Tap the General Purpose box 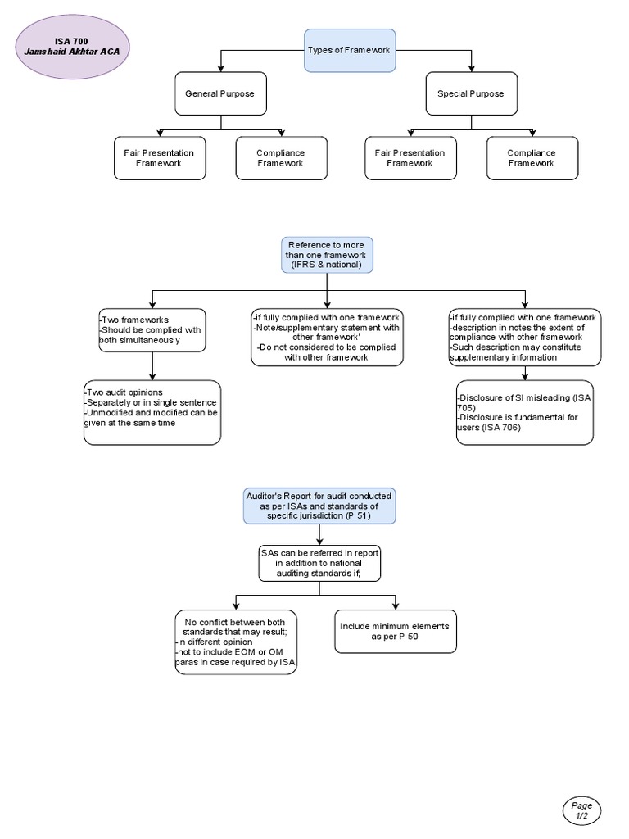coord(219,93)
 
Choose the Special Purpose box coord(470,93)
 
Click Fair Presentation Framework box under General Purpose coord(159,158)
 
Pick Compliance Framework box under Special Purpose coord(531,158)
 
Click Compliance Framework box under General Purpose coord(280,158)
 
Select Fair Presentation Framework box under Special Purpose coord(410,158)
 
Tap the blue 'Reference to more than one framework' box coord(325,254)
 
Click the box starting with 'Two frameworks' coord(152,329)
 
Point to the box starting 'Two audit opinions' coord(152,412)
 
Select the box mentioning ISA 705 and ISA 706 coord(524,412)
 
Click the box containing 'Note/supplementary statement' coord(326,336)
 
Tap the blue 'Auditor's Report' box coord(319,506)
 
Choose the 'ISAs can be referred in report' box coord(319,564)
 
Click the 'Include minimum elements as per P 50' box coord(396,631)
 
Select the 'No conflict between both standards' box coord(236,641)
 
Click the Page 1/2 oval coord(581,810)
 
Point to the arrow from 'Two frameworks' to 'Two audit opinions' coord(152,366)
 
